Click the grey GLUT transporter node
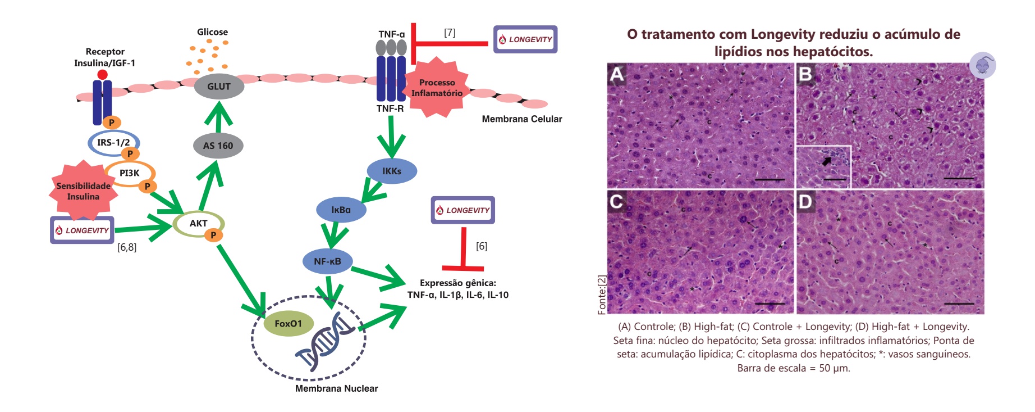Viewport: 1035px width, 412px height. (x=219, y=87)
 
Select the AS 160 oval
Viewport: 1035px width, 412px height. (x=218, y=146)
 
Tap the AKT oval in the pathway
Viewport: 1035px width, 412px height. (x=199, y=224)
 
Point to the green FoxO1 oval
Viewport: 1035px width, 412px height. (x=288, y=324)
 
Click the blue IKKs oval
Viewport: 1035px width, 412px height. (x=392, y=171)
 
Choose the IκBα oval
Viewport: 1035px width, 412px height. (x=341, y=210)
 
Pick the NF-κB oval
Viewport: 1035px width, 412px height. (x=327, y=261)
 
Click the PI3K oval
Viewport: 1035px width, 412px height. (x=129, y=173)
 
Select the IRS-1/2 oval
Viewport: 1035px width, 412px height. (x=113, y=143)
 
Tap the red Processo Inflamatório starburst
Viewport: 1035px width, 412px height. (x=437, y=88)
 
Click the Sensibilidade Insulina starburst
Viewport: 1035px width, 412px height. (x=83, y=191)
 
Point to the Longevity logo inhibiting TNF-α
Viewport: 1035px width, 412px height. (x=525, y=39)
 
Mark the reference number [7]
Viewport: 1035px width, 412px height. (x=450, y=33)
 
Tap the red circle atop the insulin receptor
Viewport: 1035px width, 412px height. (x=102, y=75)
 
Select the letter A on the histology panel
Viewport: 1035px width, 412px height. (x=617, y=74)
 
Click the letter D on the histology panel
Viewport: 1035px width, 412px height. (x=805, y=201)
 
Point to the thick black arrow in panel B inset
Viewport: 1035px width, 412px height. (x=827, y=161)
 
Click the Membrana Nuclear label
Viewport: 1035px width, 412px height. (x=336, y=388)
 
